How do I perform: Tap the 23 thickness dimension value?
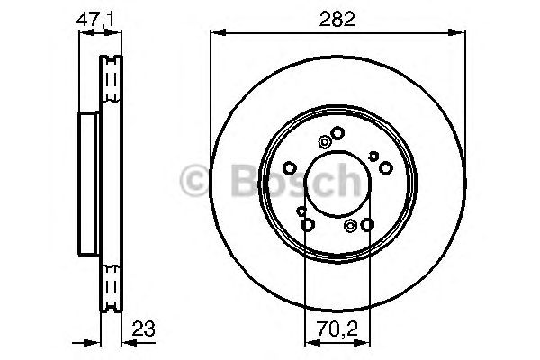point(140,328)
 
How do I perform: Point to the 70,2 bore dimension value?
point(337,328)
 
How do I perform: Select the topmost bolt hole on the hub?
point(337,134)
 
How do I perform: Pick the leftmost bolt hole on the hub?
point(289,168)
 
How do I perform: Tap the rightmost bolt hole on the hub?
point(385,168)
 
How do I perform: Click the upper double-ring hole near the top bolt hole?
point(324,140)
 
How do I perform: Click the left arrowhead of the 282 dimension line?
point(215,33)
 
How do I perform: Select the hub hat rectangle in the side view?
point(88,184)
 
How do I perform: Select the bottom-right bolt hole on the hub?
point(368,225)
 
